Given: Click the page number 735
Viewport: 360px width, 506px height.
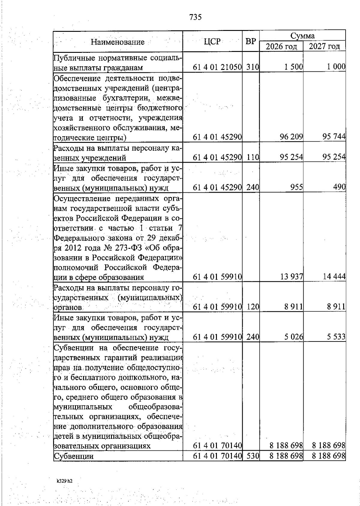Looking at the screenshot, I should tap(196, 17).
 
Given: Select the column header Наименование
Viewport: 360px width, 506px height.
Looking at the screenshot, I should tap(118, 42).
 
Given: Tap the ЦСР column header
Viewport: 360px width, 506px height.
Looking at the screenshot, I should tap(212, 42).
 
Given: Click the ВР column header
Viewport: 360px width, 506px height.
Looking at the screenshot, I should tap(250, 42).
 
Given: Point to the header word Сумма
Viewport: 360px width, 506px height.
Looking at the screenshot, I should tap(302, 36).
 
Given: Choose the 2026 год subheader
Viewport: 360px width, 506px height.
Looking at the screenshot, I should tap(281, 47).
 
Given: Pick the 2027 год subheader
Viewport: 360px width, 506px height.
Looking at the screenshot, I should tap(324, 47).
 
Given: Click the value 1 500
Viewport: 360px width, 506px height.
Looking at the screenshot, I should tap(294, 67).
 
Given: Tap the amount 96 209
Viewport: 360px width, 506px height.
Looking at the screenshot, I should tap(291, 137).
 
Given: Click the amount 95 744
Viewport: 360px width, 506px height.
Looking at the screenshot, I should tap(334, 137).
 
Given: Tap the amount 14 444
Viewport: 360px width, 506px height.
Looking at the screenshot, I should tap(334, 277).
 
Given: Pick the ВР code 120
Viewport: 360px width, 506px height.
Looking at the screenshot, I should tap(253, 307).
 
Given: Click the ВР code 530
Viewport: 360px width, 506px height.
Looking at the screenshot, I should tap(253, 456).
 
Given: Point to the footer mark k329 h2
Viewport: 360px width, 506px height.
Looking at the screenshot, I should tap(64, 481).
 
